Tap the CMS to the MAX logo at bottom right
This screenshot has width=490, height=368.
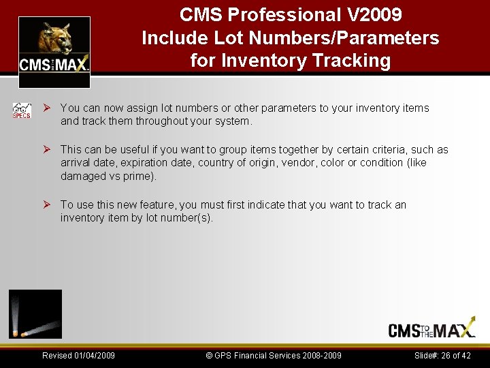point(431,329)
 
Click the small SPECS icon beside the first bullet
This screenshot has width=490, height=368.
point(22,110)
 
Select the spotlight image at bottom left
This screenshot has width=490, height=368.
point(35,313)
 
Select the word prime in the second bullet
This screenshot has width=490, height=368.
point(140,176)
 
